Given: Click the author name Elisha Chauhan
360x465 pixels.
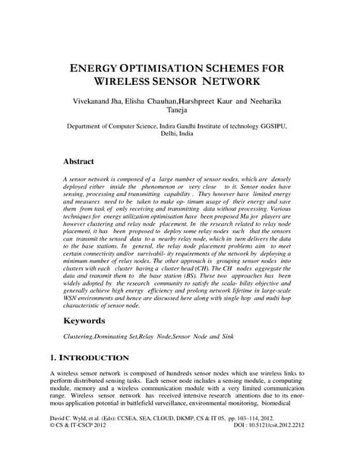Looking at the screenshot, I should click(160, 100).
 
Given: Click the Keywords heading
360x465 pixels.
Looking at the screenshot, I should click(84, 321).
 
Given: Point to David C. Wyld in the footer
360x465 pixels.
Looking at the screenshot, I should click(71, 439).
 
